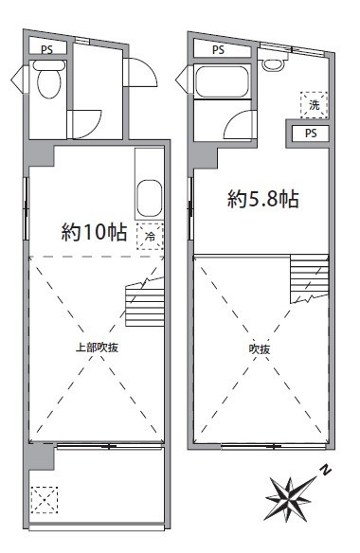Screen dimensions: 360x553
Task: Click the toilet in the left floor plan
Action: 48,80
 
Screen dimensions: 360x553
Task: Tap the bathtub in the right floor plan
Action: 222,81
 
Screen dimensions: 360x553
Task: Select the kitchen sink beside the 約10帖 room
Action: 150,199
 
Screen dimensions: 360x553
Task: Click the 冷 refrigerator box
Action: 150,237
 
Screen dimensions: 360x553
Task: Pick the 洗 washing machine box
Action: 314,105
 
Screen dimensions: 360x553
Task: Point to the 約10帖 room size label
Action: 94,232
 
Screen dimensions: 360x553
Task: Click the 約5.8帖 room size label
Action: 263,199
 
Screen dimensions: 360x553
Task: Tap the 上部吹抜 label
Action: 97,348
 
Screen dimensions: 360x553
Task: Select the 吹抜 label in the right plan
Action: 260,349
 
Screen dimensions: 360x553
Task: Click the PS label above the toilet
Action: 47,50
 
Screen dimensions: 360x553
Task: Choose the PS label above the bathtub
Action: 219,50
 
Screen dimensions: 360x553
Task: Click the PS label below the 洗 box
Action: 311,134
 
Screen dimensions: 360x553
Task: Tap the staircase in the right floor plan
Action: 310,278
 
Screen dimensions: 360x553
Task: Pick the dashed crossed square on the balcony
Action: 45,500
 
